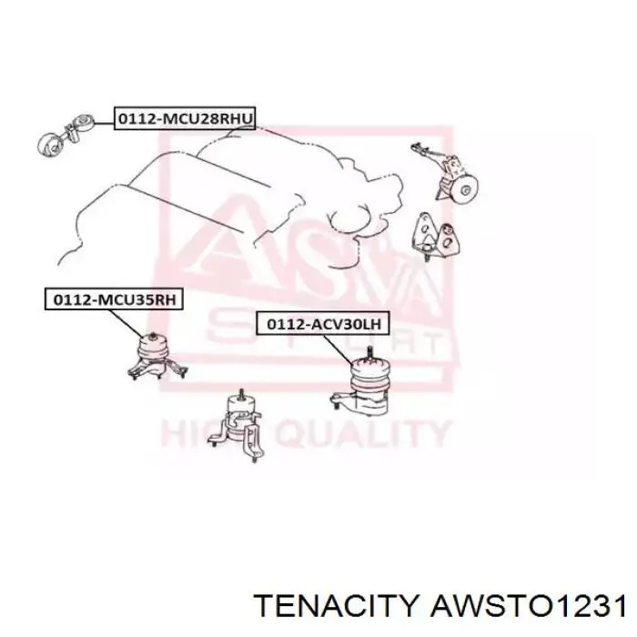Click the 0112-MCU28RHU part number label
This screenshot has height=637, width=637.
(185, 118)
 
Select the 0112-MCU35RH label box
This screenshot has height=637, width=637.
(114, 299)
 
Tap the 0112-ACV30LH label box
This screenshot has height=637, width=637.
(323, 324)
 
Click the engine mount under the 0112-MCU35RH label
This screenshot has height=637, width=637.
(157, 356)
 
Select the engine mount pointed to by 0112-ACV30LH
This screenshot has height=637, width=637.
(360, 384)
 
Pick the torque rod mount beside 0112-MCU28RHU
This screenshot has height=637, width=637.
(66, 135)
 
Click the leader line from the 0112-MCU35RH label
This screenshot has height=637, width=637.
(126, 323)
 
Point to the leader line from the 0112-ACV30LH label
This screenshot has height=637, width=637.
(339, 349)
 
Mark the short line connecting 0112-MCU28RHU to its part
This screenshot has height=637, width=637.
(105, 122)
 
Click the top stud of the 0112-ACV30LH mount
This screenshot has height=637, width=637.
(369, 352)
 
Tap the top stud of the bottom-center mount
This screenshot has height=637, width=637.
(241, 394)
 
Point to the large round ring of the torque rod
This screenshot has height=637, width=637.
(48, 144)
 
